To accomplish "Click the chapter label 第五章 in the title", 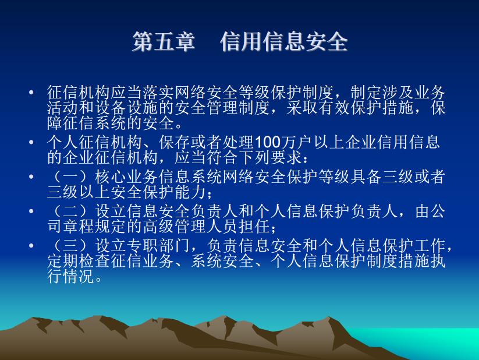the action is point(164,41).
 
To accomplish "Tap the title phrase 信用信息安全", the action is point(284,41).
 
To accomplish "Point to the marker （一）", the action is point(71,177).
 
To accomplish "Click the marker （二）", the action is point(71,211).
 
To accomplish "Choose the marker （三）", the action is point(71,246).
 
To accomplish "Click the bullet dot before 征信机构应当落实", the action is point(31,92).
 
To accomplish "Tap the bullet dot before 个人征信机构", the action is point(31,142).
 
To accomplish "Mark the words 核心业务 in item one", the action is point(126,177).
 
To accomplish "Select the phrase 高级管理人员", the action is point(190,227).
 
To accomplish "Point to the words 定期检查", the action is point(79,261).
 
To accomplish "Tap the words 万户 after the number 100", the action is point(297,142).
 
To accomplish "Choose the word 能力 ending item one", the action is point(191,192).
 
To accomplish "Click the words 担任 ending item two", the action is point(254,227).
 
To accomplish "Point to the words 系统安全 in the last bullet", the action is point(222,261).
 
